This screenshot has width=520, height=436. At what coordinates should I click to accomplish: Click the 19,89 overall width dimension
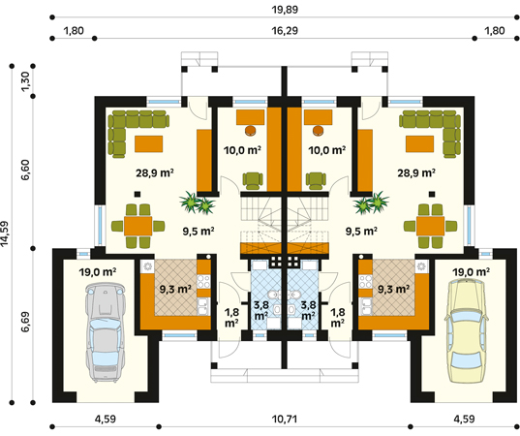click(x=285, y=10)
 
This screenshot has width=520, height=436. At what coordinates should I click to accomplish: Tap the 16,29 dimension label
click(x=285, y=31)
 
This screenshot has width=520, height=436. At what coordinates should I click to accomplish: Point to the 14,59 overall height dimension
click(x=5, y=234)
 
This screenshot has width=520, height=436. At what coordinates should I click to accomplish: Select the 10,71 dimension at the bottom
click(x=285, y=420)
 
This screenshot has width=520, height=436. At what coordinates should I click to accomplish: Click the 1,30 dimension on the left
click(x=25, y=81)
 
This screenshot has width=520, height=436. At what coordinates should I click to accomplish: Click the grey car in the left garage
click(x=106, y=332)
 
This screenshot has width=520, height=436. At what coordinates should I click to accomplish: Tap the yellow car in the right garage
click(x=468, y=330)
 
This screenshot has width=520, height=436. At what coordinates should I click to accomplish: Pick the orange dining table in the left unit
click(x=138, y=226)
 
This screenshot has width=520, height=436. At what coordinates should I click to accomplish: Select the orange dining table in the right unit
click(x=431, y=226)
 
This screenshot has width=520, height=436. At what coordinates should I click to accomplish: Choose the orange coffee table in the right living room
click(x=419, y=143)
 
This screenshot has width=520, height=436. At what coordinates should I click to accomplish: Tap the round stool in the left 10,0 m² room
click(x=251, y=131)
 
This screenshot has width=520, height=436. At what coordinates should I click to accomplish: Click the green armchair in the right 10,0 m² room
click(x=316, y=180)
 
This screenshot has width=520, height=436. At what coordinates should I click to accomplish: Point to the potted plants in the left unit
click(x=198, y=202)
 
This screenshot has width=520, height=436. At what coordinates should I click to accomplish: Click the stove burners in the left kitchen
click(x=203, y=282)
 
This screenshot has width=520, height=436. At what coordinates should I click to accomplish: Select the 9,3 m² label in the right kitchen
click(x=393, y=289)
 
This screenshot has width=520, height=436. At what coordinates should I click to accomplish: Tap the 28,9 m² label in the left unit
click(x=155, y=172)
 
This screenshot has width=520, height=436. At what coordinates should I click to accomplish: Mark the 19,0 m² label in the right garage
click(x=472, y=272)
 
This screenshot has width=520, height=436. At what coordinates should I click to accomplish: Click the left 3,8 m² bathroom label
click(x=261, y=310)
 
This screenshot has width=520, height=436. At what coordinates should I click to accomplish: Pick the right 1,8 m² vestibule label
click(x=338, y=317)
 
